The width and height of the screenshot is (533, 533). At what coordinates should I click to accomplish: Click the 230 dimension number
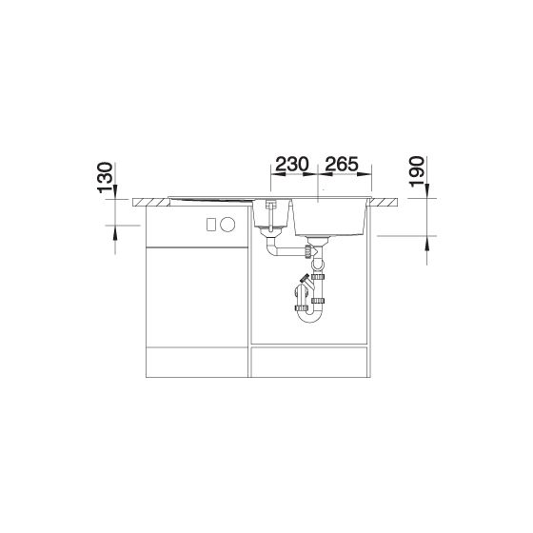pos(291,164)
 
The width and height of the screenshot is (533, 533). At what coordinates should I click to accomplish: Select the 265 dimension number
pos(342,164)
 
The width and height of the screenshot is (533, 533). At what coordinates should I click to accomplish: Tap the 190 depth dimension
pos(417,171)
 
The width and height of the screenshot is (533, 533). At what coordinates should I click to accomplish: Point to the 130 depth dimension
pos(105,177)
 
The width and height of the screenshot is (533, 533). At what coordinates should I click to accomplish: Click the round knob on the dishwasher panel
pos(227,225)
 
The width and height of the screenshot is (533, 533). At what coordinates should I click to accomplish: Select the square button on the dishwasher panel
pos(211,225)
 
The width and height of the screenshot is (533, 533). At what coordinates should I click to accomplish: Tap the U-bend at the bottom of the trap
pos(308,316)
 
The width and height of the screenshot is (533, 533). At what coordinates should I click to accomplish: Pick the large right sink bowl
pos(329,217)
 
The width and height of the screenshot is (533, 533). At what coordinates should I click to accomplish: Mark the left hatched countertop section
pos(151,202)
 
